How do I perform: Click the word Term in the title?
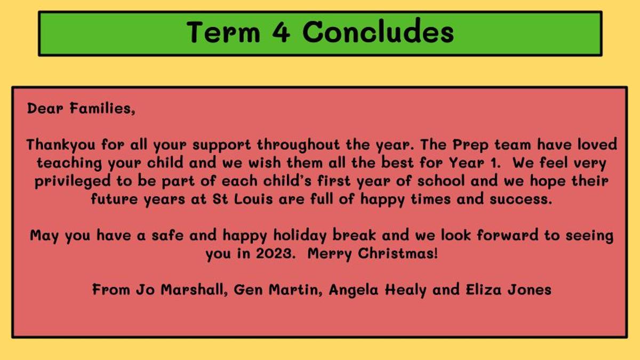click(223, 33)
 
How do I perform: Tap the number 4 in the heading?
click(282, 33)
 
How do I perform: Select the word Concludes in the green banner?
click(378, 31)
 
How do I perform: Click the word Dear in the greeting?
click(45, 109)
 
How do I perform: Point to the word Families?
click(102, 109)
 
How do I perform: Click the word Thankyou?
click(61, 145)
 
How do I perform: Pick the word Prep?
click(470, 145)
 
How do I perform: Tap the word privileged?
click(73, 181)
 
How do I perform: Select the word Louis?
click(253, 199)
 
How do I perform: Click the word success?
click(521, 199)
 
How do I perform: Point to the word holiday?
click(300, 236)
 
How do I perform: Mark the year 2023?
click(275, 253)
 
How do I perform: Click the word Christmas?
click(398, 253)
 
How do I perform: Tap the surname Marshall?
click(194, 290)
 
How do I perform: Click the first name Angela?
click(354, 290)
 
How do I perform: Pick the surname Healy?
click(406, 290)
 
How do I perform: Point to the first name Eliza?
click(483, 290)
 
